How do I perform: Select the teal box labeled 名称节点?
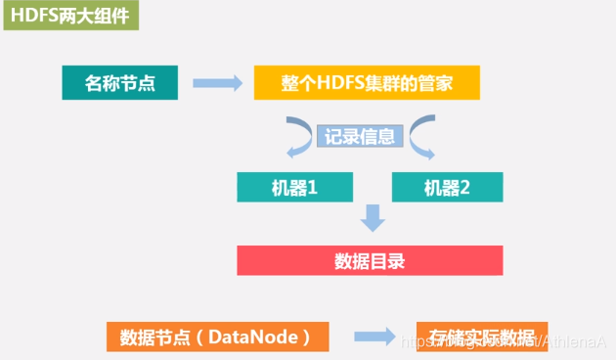pos(120,82)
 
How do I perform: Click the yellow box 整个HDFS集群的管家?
pos(367,82)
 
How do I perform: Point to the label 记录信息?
pos(360,137)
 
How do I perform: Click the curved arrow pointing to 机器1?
pos(296,139)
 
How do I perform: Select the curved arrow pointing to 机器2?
pos(423,139)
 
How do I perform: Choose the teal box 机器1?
pos(292,187)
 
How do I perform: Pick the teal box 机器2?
pos(447,187)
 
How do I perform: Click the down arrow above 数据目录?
pos(371,219)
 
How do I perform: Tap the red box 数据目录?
pos(370,260)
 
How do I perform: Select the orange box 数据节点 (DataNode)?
pos(216,337)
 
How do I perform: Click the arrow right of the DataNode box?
pos(374,337)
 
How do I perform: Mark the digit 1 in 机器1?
pos(312,187)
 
